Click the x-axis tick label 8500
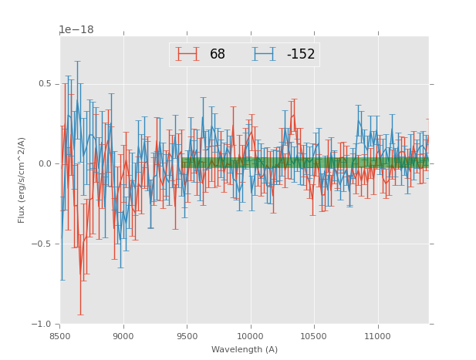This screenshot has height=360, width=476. click(60, 335)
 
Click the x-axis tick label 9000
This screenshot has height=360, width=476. click(123, 335)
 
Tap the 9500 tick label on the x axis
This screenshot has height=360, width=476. click(187, 335)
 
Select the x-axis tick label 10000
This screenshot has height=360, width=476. click(251, 335)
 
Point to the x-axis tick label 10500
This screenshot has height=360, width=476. click(314, 335)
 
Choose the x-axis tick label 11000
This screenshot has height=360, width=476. click(377, 335)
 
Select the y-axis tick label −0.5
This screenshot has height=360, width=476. click(42, 244)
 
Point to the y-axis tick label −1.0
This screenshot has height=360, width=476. click(42, 324)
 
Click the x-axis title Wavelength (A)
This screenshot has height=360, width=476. click(245, 349)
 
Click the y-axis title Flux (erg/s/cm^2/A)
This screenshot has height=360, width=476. click(22, 180)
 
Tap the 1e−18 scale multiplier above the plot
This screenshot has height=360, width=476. click(76, 30)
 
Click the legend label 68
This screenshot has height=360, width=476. click(218, 55)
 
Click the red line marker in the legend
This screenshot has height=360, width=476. click(187, 54)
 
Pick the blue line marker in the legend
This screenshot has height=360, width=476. click(264, 54)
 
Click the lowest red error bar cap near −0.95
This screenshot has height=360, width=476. click(80, 315)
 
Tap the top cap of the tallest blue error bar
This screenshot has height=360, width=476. click(77, 61)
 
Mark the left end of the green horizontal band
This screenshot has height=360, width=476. click(183, 163)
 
